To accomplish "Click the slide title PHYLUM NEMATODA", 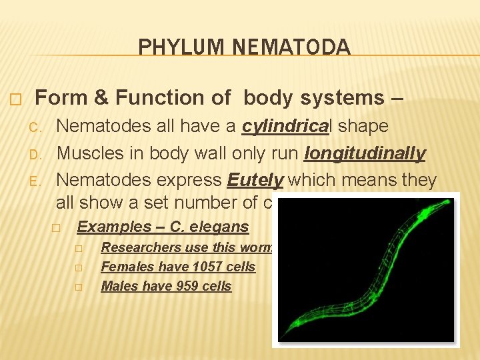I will tap(244, 47).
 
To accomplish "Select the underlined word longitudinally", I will tap(364, 153).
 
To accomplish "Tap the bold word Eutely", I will tap(251, 181).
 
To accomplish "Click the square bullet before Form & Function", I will tap(17, 99).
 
